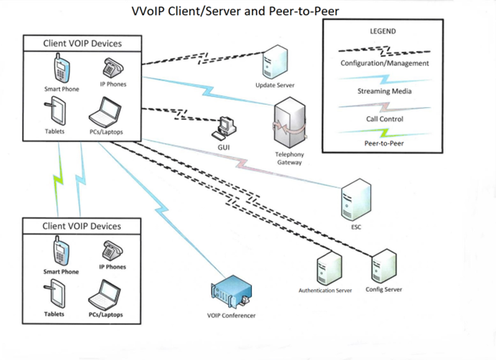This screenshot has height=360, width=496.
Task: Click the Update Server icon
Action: (275, 62)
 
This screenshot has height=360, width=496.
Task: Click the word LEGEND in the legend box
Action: (382, 32)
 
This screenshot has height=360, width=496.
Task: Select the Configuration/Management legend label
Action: (384, 64)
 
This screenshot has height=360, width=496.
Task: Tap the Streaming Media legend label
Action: (384, 91)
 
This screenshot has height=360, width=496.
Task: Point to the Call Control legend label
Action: (383, 119)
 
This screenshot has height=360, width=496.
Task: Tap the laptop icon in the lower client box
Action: (105, 296)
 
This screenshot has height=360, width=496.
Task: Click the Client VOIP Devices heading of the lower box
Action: (82, 226)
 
